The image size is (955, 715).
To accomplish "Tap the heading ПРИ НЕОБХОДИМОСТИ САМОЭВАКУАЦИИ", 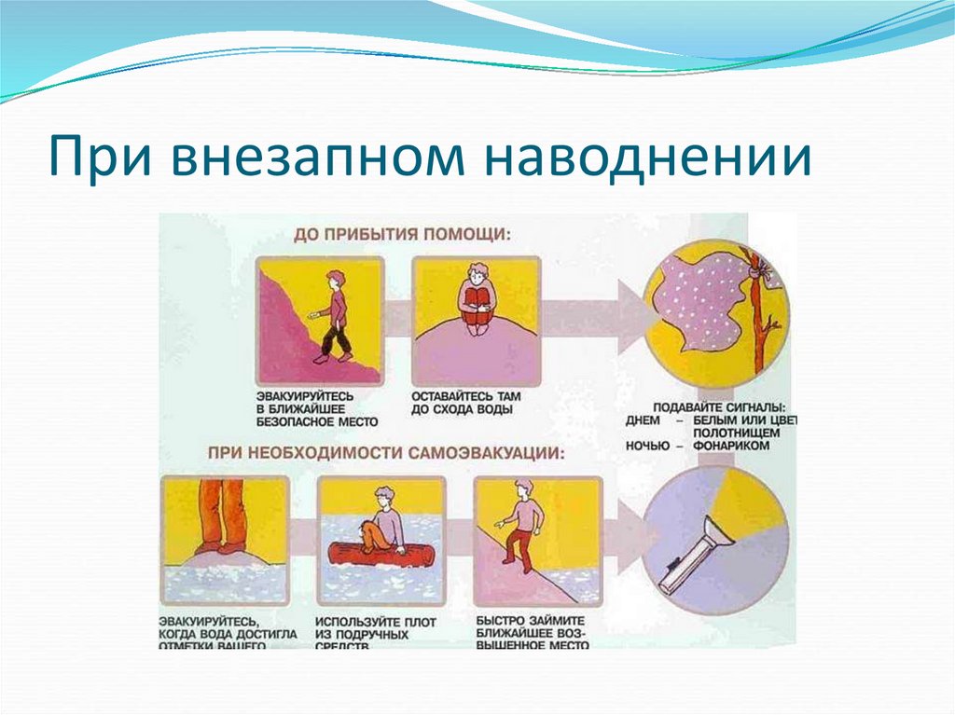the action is tap(386, 453).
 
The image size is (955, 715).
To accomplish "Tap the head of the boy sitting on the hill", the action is tap(478, 277).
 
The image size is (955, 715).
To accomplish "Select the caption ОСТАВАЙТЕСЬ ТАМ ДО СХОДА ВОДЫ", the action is tap(465, 402).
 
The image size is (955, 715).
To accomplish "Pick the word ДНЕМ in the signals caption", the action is tap(644, 421).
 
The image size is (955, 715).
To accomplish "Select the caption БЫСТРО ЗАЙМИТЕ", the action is tap(530, 621).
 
